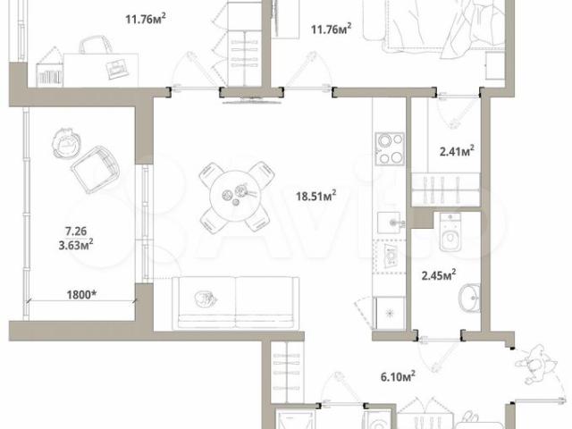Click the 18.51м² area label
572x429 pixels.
315,196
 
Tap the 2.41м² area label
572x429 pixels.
457,150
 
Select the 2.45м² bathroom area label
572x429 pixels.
439,274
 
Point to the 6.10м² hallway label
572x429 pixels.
398,375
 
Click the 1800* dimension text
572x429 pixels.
81,294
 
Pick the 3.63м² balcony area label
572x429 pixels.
75,245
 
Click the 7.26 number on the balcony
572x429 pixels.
76,231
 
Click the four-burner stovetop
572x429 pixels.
390,149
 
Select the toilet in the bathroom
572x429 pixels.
450,232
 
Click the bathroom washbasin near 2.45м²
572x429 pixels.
469,299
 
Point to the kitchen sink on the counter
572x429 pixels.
391,223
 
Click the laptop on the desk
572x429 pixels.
117,69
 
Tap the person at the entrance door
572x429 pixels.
535,366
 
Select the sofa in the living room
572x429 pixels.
236,303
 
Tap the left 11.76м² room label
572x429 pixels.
146,18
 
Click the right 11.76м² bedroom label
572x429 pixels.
331,29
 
